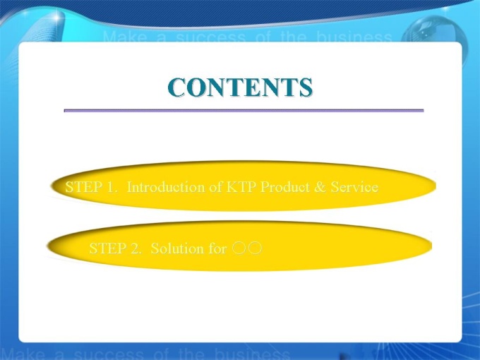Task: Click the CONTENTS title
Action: click(x=240, y=88)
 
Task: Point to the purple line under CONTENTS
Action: click(x=244, y=111)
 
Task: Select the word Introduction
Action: click(x=166, y=187)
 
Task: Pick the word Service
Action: click(x=354, y=187)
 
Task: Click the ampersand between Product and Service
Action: click(x=320, y=187)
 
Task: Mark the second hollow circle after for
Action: click(x=256, y=248)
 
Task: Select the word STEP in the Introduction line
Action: click(x=84, y=187)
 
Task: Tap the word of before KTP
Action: click(x=215, y=187)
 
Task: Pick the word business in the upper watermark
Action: click(x=354, y=37)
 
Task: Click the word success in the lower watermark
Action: click(x=109, y=354)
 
